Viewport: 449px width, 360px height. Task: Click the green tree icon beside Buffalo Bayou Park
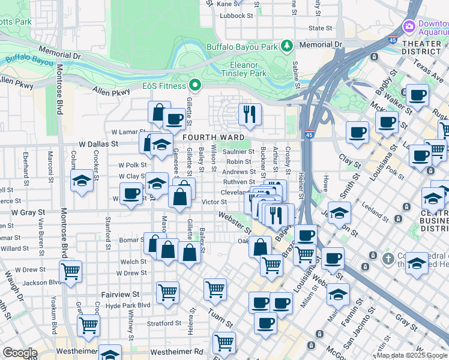(288, 46)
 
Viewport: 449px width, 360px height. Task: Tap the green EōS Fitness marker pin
(194, 85)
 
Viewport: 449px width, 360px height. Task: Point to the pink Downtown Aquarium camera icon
(409, 26)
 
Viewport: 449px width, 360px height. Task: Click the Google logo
(20, 353)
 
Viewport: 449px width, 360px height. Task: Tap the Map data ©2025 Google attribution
(412, 356)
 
